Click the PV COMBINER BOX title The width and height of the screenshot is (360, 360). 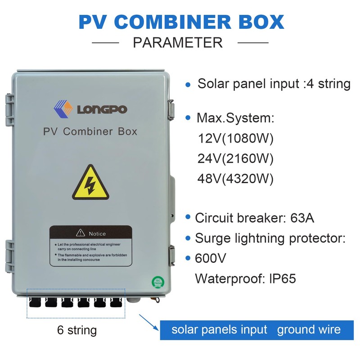[x=181, y=22]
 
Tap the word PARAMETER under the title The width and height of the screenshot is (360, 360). [x=178, y=42]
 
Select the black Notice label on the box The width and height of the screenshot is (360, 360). [x=90, y=246]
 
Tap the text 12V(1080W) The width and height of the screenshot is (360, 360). [x=235, y=139]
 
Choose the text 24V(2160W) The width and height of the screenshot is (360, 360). [x=235, y=158]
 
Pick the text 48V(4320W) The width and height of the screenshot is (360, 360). [x=235, y=179]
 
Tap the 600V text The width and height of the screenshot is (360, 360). [x=211, y=258]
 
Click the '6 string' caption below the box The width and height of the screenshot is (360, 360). [x=77, y=330]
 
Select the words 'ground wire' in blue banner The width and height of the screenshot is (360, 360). [x=309, y=330]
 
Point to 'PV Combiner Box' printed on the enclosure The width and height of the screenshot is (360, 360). [x=90, y=132]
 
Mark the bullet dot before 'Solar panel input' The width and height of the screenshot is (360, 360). [x=188, y=84]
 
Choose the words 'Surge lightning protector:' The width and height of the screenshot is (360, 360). [x=270, y=238]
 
